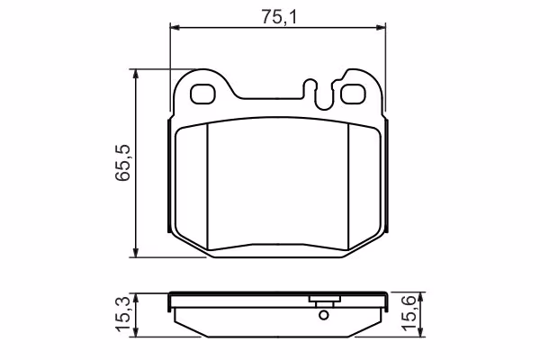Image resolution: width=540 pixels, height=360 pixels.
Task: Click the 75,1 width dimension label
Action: pyautogui.click(x=279, y=17)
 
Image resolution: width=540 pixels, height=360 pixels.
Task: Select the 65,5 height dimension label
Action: pyautogui.click(x=123, y=163)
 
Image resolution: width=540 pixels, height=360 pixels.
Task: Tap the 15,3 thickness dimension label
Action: pyautogui.click(x=123, y=315)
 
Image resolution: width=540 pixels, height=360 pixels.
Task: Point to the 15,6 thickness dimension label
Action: pyautogui.click(x=409, y=314)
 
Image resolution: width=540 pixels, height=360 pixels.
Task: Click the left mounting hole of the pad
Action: pyautogui.click(x=202, y=94)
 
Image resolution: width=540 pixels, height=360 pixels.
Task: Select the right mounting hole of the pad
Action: pyautogui.click(x=353, y=94)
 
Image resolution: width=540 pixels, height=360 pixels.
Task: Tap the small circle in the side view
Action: pyautogui.click(x=324, y=315)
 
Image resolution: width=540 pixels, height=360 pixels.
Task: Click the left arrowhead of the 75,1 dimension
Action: pyautogui.click(x=175, y=28)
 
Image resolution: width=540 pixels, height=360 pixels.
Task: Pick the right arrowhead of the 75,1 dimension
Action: pyautogui.click(x=381, y=28)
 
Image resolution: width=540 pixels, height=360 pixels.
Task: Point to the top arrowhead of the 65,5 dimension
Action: pyautogui.click(x=137, y=75)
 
